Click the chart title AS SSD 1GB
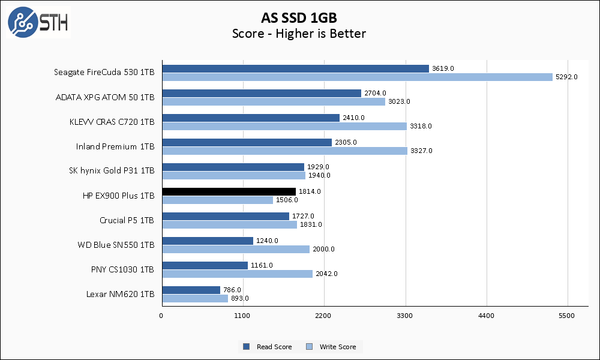[299, 16]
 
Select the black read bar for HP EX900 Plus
[229, 191]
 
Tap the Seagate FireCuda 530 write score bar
[357, 77]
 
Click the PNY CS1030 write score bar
[237, 274]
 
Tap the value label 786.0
[233, 290]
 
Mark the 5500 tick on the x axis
[567, 315]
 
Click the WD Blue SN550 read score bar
[207, 241]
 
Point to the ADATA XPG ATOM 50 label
[105, 97]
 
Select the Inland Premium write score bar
[284, 151]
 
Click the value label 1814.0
[310, 191]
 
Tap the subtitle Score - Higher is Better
[299, 34]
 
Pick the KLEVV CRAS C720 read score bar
[250, 118]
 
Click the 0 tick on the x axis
[161, 315]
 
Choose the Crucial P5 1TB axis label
[127, 220]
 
